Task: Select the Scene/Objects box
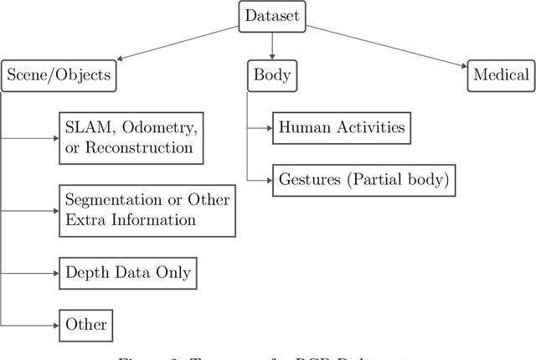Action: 59,75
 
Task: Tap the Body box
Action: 271,75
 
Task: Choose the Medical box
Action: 500,75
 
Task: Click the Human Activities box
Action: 342,128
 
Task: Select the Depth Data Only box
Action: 129,273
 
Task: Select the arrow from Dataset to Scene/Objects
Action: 176,43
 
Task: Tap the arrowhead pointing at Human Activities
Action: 267,128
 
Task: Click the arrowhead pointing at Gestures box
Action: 267,177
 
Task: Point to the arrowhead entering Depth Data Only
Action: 54,273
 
